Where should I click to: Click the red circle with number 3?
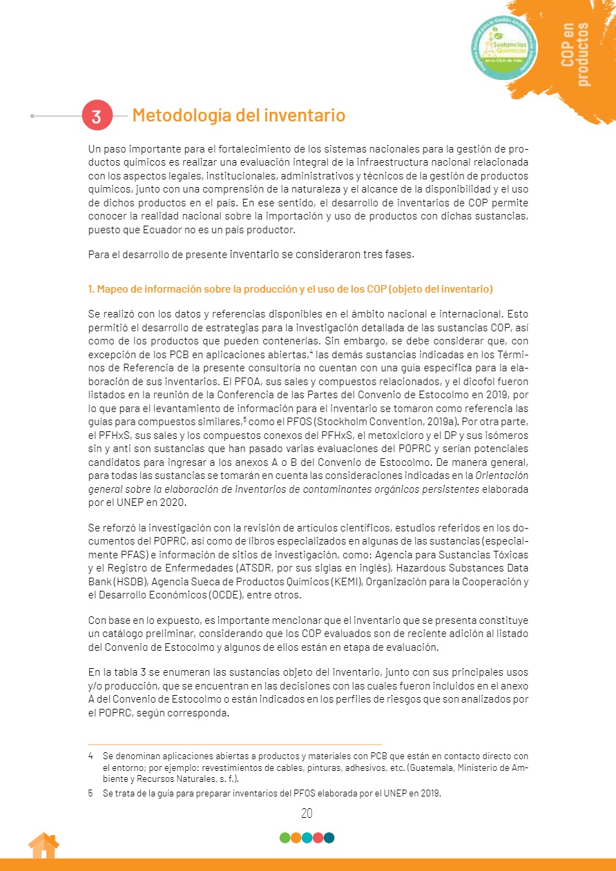click(x=97, y=116)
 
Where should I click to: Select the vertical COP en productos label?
click(x=576, y=54)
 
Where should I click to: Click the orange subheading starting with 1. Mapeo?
click(x=291, y=288)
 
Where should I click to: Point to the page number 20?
click(x=307, y=813)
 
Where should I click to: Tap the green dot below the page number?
click(x=285, y=838)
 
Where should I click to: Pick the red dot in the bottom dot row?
click(x=318, y=838)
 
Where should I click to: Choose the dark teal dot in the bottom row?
click(x=329, y=838)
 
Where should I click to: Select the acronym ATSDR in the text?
click(x=258, y=568)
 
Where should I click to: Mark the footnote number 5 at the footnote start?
click(x=90, y=794)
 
